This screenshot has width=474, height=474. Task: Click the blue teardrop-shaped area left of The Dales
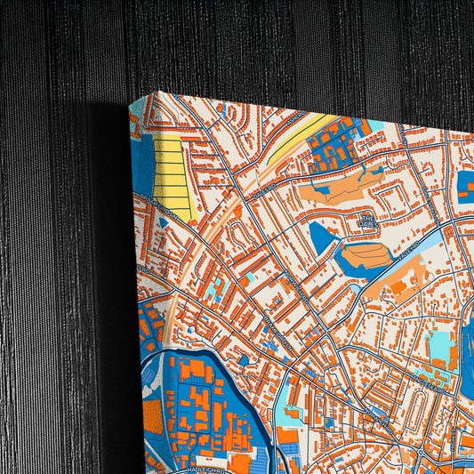click(x=321, y=237)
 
